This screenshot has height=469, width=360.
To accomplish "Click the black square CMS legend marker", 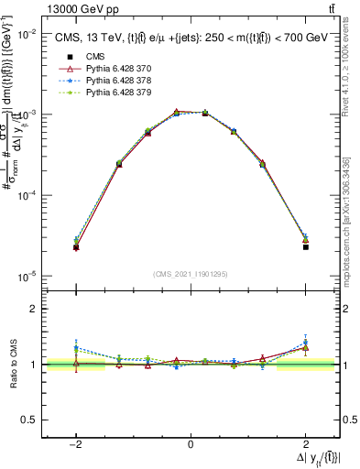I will (x=65, y=57).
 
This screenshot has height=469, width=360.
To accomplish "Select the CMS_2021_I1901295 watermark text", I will (x=191, y=274).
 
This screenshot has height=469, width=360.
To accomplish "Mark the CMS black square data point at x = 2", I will (x=305, y=247).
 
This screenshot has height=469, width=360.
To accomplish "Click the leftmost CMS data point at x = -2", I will (x=76, y=247).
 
